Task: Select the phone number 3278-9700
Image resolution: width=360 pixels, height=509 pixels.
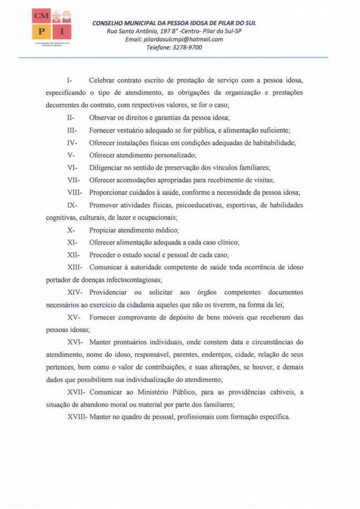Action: [186, 48]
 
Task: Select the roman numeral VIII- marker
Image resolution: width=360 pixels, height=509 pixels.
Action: [76, 192]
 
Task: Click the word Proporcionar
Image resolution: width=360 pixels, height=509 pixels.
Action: [110, 192]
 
